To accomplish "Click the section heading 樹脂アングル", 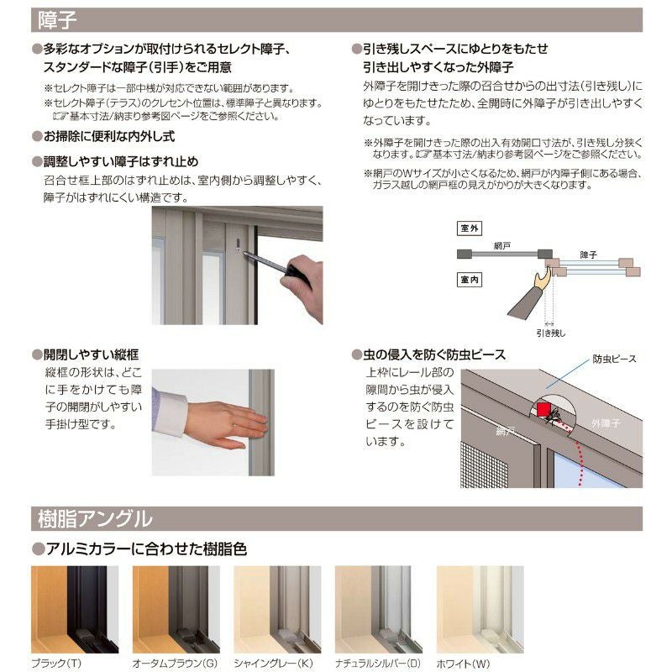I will pos(95,517).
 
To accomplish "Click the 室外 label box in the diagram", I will pos(468,228).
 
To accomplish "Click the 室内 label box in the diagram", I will pos(468,279).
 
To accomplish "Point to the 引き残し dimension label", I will pos(550,333).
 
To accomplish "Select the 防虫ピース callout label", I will pos(614,359).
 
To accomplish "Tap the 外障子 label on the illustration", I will pos(606,423).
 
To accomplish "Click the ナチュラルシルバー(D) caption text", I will pos(377,663).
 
